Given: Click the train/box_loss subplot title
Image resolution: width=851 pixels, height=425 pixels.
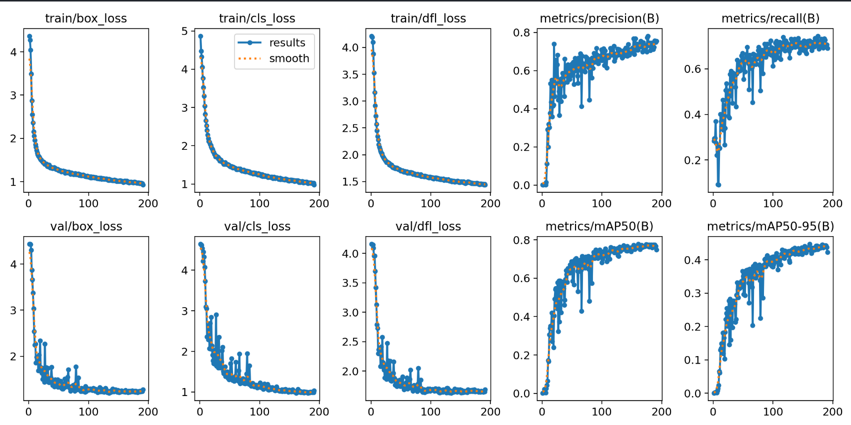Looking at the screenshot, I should [86, 18].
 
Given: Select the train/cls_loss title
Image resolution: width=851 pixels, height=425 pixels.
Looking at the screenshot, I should [257, 18].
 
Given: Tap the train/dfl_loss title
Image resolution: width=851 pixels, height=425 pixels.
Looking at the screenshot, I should [428, 18].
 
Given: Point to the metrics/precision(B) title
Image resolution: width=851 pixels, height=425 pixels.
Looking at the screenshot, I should [599, 18].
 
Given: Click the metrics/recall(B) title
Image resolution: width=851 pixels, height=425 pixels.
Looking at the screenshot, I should [770, 18].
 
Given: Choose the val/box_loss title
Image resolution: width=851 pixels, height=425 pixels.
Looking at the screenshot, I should [86, 226].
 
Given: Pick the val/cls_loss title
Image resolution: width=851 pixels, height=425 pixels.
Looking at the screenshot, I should [257, 226].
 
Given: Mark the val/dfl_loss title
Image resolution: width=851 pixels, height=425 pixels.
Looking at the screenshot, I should [428, 226].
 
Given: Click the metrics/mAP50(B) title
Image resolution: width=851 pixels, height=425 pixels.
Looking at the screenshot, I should [599, 226].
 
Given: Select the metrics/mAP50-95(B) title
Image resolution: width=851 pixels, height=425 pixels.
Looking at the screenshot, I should [770, 226].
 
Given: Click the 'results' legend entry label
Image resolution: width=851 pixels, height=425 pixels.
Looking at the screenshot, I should [287, 43].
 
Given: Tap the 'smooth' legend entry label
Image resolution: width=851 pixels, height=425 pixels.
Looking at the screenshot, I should [289, 58].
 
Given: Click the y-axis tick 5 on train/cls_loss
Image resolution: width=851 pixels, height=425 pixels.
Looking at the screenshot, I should [185, 31].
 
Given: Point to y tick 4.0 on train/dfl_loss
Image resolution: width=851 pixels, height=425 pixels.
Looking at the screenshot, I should [350, 48].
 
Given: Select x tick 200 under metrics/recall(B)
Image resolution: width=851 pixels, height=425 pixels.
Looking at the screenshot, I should [832, 203].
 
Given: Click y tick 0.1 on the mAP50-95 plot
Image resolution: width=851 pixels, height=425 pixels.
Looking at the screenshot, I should [692, 360].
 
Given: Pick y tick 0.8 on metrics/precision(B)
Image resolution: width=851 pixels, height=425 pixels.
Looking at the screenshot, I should [521, 33].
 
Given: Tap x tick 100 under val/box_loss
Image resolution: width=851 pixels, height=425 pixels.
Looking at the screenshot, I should [88, 412].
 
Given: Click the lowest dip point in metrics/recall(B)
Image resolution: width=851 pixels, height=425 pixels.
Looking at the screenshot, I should [718, 185].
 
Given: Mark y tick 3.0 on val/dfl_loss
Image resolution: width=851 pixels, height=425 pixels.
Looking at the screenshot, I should [350, 313].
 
